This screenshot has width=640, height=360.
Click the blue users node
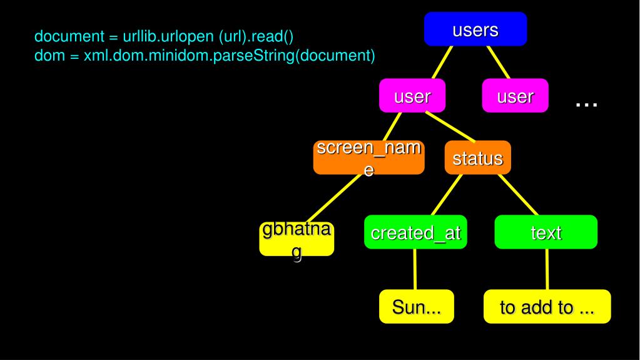pyautogui.click(x=475, y=29)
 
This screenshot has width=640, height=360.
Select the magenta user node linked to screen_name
pyautogui.click(x=412, y=96)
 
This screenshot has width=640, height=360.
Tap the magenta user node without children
pyautogui.click(x=515, y=96)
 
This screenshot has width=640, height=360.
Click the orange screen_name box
pyautogui.click(x=368, y=157)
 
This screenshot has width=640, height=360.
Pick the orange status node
pyautogui.click(x=477, y=158)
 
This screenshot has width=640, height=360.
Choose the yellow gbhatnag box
pyautogui.click(x=297, y=239)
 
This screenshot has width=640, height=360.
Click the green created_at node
pyautogui.click(x=415, y=232)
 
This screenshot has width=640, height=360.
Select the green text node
pyautogui.click(x=546, y=232)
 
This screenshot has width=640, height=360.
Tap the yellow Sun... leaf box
pyautogui.click(x=415, y=307)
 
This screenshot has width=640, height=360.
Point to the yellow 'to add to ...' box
pyautogui.click(x=547, y=307)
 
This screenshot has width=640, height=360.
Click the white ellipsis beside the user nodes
pyautogui.click(x=586, y=104)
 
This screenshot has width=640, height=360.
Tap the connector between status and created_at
pyautogui.click(x=445, y=195)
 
